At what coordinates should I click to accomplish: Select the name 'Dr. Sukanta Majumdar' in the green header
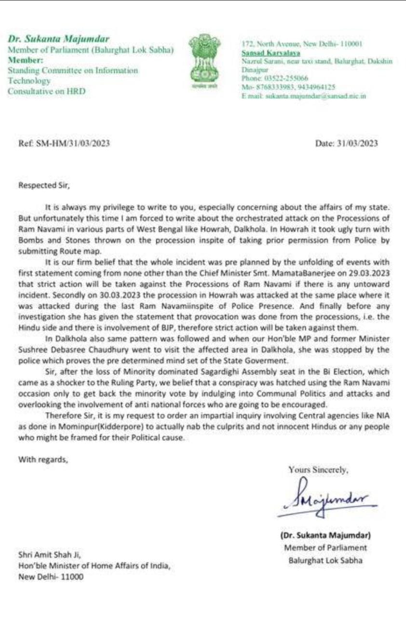coord(58,39)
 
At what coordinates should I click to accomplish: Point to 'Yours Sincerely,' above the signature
coord(318,469)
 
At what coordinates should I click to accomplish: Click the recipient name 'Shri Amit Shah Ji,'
coord(50,554)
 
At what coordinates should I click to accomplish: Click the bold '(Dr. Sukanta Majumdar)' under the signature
coord(325,535)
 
